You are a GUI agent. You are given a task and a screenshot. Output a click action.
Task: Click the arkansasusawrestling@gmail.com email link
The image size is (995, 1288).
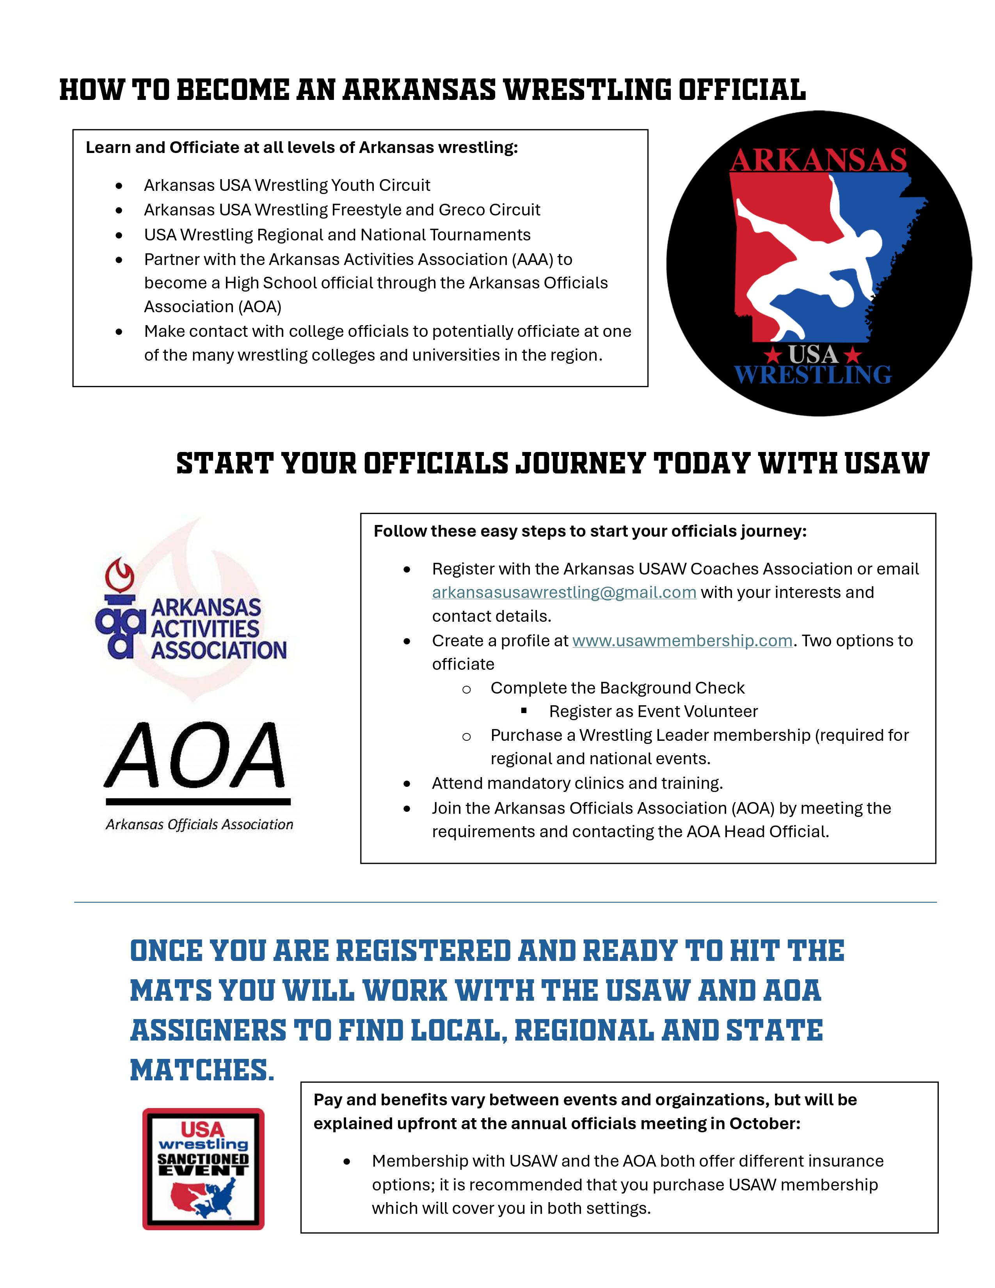click(564, 592)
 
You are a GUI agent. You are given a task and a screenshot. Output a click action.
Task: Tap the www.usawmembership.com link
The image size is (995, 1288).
click(682, 640)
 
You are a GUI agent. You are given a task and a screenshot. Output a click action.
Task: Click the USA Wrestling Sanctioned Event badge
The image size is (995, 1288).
click(203, 1169)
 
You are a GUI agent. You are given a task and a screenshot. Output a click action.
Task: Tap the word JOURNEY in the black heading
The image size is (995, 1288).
click(581, 464)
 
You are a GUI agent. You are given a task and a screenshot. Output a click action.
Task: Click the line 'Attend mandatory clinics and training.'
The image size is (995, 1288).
click(577, 783)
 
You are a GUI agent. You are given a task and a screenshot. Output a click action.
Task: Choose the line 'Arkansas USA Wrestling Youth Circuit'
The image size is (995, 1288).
click(287, 185)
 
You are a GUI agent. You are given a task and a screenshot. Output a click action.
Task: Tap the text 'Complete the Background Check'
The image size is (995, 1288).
click(617, 688)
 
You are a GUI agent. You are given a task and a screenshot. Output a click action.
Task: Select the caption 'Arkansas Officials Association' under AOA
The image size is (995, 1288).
click(199, 824)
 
